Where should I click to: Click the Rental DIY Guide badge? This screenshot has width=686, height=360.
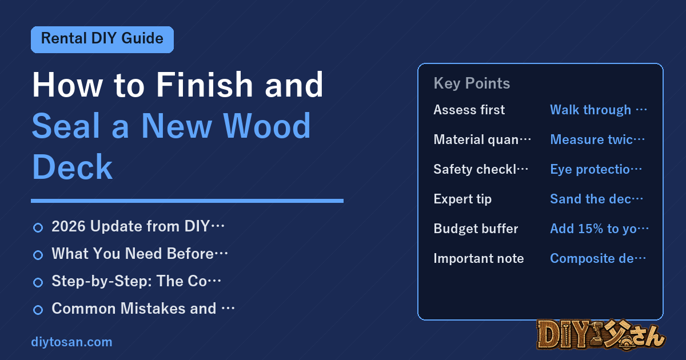click(102, 39)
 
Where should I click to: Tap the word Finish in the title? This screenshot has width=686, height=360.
click(205, 85)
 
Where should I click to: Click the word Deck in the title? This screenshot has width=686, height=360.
click(72, 167)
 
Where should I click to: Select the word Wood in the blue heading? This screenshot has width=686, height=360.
click(267, 126)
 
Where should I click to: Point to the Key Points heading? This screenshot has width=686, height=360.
click(472, 83)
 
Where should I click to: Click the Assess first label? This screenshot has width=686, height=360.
click(469, 110)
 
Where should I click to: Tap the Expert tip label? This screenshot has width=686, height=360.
click(462, 199)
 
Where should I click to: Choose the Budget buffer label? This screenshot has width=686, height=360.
click(476, 229)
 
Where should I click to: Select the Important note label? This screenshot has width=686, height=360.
click(478, 258)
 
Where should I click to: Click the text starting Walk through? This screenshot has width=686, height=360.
click(599, 110)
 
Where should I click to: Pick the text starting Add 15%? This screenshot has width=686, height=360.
click(599, 229)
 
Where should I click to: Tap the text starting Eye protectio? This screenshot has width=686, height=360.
click(596, 169)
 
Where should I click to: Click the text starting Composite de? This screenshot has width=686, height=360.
click(598, 258)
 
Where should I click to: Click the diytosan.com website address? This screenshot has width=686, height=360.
click(71, 342)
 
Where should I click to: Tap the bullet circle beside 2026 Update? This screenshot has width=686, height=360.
click(38, 228)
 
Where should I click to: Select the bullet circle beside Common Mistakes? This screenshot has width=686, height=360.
click(38, 310)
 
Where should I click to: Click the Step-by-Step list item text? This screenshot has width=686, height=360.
click(136, 281)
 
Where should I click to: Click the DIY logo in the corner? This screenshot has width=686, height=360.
click(601, 335)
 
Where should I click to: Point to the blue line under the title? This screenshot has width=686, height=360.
click(187, 201)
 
